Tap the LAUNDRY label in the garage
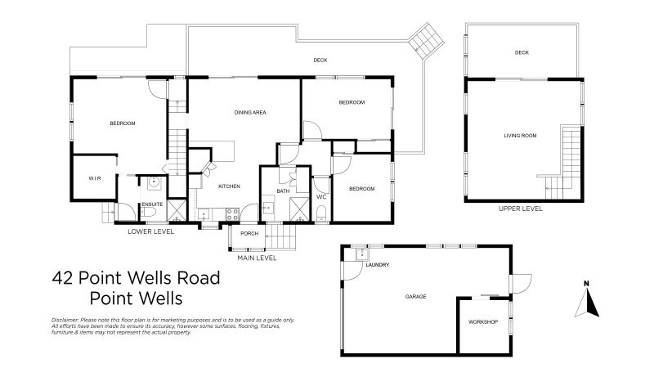coord(377,265)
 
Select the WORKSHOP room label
coord(482,322)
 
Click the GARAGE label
coord(415,296)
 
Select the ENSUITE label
coord(152,204)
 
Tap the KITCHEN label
coord(228,186)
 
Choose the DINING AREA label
coord(250,112)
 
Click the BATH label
coord(282,191)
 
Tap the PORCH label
coord(249,233)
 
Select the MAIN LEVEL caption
coord(257,258)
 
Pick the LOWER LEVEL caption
coord(150,231)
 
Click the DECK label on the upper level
coord(522,52)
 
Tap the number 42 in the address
coord(62,278)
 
